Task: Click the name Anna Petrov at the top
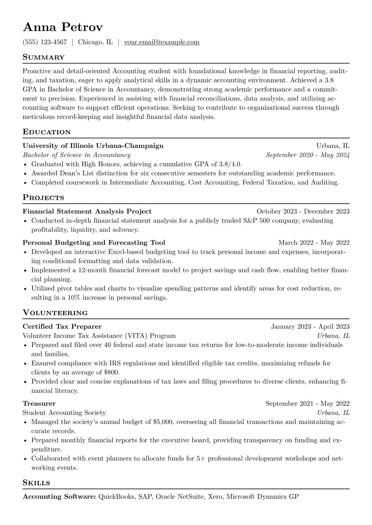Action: (x=63, y=27)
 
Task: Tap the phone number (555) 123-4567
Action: (x=45, y=42)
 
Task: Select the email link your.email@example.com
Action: (x=162, y=42)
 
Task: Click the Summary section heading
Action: (x=44, y=57)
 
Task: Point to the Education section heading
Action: (x=47, y=132)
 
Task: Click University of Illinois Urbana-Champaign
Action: (x=93, y=146)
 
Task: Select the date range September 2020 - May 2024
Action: (x=308, y=155)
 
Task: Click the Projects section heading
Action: (x=43, y=197)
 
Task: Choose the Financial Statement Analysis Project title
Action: (x=87, y=211)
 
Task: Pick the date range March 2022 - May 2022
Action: (x=314, y=243)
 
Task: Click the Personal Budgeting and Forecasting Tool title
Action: (x=94, y=243)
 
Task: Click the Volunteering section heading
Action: (x=55, y=313)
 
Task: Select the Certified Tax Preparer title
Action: (x=62, y=327)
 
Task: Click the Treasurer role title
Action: (x=39, y=404)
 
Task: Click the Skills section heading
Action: (x=37, y=483)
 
